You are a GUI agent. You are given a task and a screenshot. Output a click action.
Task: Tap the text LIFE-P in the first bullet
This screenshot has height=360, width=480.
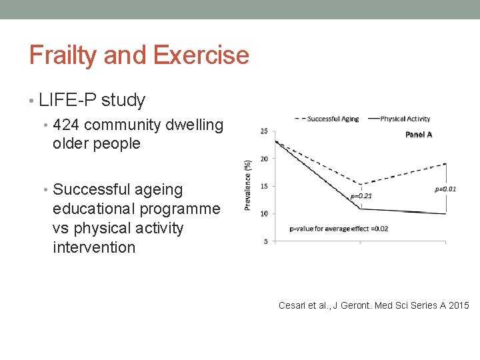(x=67, y=101)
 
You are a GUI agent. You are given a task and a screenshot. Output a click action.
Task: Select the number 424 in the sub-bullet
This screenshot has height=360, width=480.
(x=67, y=125)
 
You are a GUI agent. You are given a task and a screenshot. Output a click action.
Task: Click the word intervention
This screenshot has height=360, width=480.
(x=94, y=247)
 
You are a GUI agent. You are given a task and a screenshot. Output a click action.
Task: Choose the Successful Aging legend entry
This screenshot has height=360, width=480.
(x=326, y=119)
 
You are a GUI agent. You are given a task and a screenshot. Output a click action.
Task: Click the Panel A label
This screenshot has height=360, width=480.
(x=419, y=134)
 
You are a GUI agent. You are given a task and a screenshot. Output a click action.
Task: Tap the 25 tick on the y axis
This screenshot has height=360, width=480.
(x=264, y=131)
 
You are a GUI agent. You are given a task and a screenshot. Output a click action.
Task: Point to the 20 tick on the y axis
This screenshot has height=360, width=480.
(x=264, y=159)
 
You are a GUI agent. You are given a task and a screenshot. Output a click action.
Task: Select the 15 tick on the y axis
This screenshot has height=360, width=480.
(x=264, y=186)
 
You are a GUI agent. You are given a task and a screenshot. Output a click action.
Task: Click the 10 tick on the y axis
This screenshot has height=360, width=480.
(x=264, y=213)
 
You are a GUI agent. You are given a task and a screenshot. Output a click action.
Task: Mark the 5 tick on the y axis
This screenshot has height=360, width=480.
(x=265, y=241)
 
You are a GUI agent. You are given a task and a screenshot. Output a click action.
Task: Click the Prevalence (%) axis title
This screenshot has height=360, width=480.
(x=248, y=185)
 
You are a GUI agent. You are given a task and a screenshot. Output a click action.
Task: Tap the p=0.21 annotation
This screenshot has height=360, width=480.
(x=361, y=197)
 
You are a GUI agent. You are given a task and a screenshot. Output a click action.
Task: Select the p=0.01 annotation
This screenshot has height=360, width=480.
(x=445, y=189)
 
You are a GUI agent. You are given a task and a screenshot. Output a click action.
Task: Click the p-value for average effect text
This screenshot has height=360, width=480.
(x=339, y=229)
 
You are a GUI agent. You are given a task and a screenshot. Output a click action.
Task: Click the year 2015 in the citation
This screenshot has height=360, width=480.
(x=458, y=305)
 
